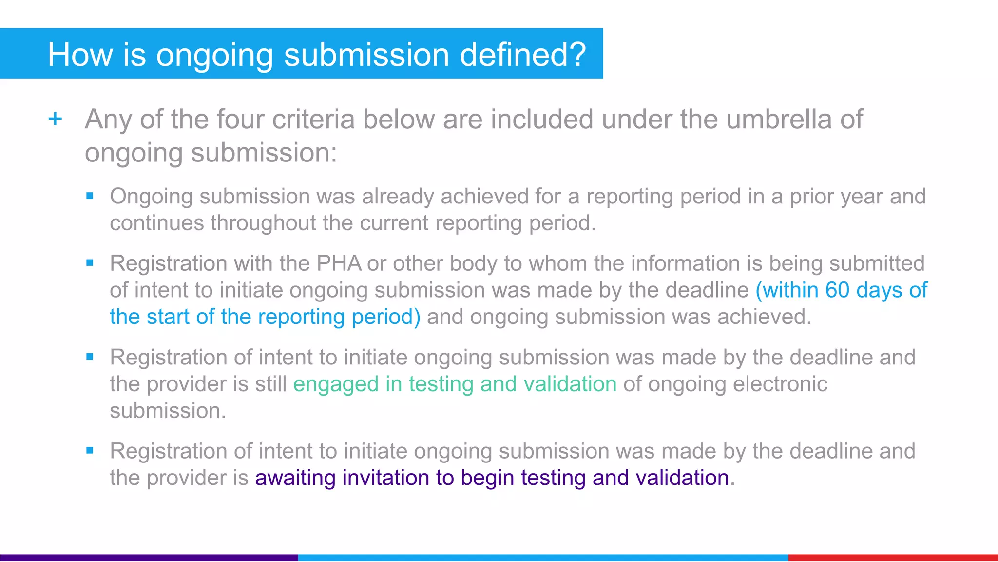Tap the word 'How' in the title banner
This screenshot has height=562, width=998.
80,54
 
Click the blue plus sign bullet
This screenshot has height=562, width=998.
56,119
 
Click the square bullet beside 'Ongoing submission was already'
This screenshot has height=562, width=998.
90,196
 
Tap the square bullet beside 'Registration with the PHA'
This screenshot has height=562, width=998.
90,263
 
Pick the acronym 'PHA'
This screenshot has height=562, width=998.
339,263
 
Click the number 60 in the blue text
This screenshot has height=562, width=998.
837,290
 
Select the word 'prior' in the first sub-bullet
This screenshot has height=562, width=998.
812,197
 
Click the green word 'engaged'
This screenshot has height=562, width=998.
336,384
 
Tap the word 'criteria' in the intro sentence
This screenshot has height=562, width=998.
313,119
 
